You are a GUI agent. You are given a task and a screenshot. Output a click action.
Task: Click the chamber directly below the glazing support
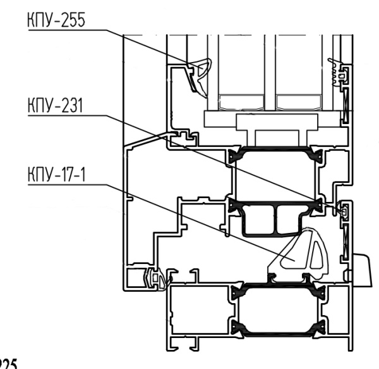(275, 174)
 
